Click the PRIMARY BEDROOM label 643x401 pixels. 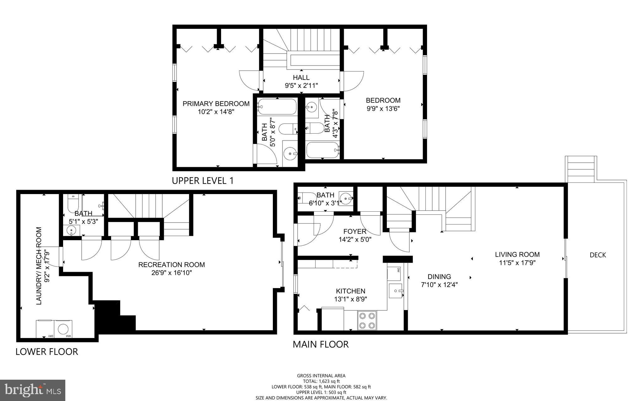click(216, 104)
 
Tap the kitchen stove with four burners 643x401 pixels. click(367, 320)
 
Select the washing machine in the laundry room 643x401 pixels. click(64, 329)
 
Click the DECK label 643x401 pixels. click(597, 255)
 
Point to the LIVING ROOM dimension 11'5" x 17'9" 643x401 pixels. click(517, 263)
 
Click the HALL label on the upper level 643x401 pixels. click(301, 77)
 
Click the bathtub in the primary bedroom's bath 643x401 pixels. click(277, 107)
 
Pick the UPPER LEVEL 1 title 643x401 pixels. click(203, 181)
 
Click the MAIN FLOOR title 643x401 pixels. click(320, 345)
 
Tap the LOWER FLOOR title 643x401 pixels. click(47, 352)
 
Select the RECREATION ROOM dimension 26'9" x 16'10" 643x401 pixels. click(171, 273)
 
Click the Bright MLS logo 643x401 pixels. click(33, 390)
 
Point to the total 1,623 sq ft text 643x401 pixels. click(321, 381)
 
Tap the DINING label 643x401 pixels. click(439, 277)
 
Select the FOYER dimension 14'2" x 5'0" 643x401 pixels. click(355, 240)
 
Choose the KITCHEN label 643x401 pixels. click(350, 291)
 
